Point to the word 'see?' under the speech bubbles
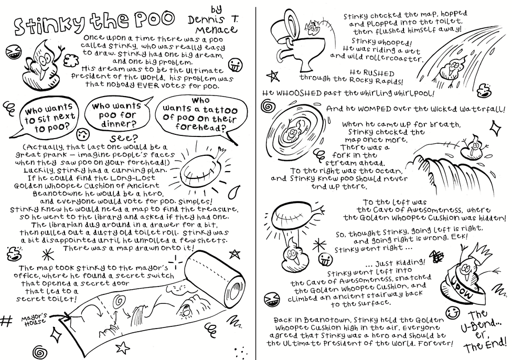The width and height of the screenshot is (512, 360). pyautogui.click(x=124, y=138)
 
